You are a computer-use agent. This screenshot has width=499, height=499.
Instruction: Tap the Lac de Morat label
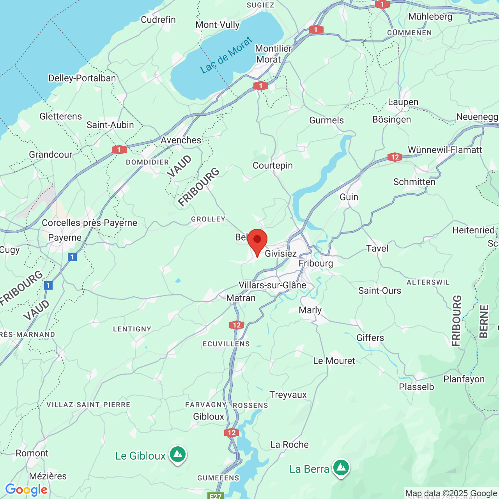click(226, 55)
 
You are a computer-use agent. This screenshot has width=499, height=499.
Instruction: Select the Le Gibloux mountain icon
click(178, 455)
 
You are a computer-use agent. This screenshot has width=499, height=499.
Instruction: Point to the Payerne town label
click(65, 238)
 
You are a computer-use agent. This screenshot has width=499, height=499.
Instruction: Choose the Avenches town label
click(181, 140)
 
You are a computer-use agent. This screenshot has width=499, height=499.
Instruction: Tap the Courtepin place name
click(273, 166)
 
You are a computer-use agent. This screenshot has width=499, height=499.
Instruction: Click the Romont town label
click(32, 453)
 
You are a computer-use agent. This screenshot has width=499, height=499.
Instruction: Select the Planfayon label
click(464, 379)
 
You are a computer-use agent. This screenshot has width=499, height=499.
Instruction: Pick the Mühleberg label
click(430, 17)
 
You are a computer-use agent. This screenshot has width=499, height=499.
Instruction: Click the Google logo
click(26, 490)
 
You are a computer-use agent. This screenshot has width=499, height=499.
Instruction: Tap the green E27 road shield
click(216, 496)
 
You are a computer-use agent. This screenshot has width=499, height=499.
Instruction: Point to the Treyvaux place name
click(288, 395)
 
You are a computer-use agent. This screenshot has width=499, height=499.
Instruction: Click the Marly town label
click(310, 310)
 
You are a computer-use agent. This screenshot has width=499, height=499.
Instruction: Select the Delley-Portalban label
click(82, 78)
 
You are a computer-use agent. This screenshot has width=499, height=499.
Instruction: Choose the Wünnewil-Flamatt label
click(445, 150)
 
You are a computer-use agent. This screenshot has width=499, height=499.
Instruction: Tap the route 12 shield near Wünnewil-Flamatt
click(395, 157)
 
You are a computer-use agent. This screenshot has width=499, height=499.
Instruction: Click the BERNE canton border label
click(483, 321)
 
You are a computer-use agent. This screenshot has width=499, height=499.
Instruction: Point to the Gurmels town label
click(326, 120)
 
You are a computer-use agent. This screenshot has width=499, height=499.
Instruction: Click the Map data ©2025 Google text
click(451, 494)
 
